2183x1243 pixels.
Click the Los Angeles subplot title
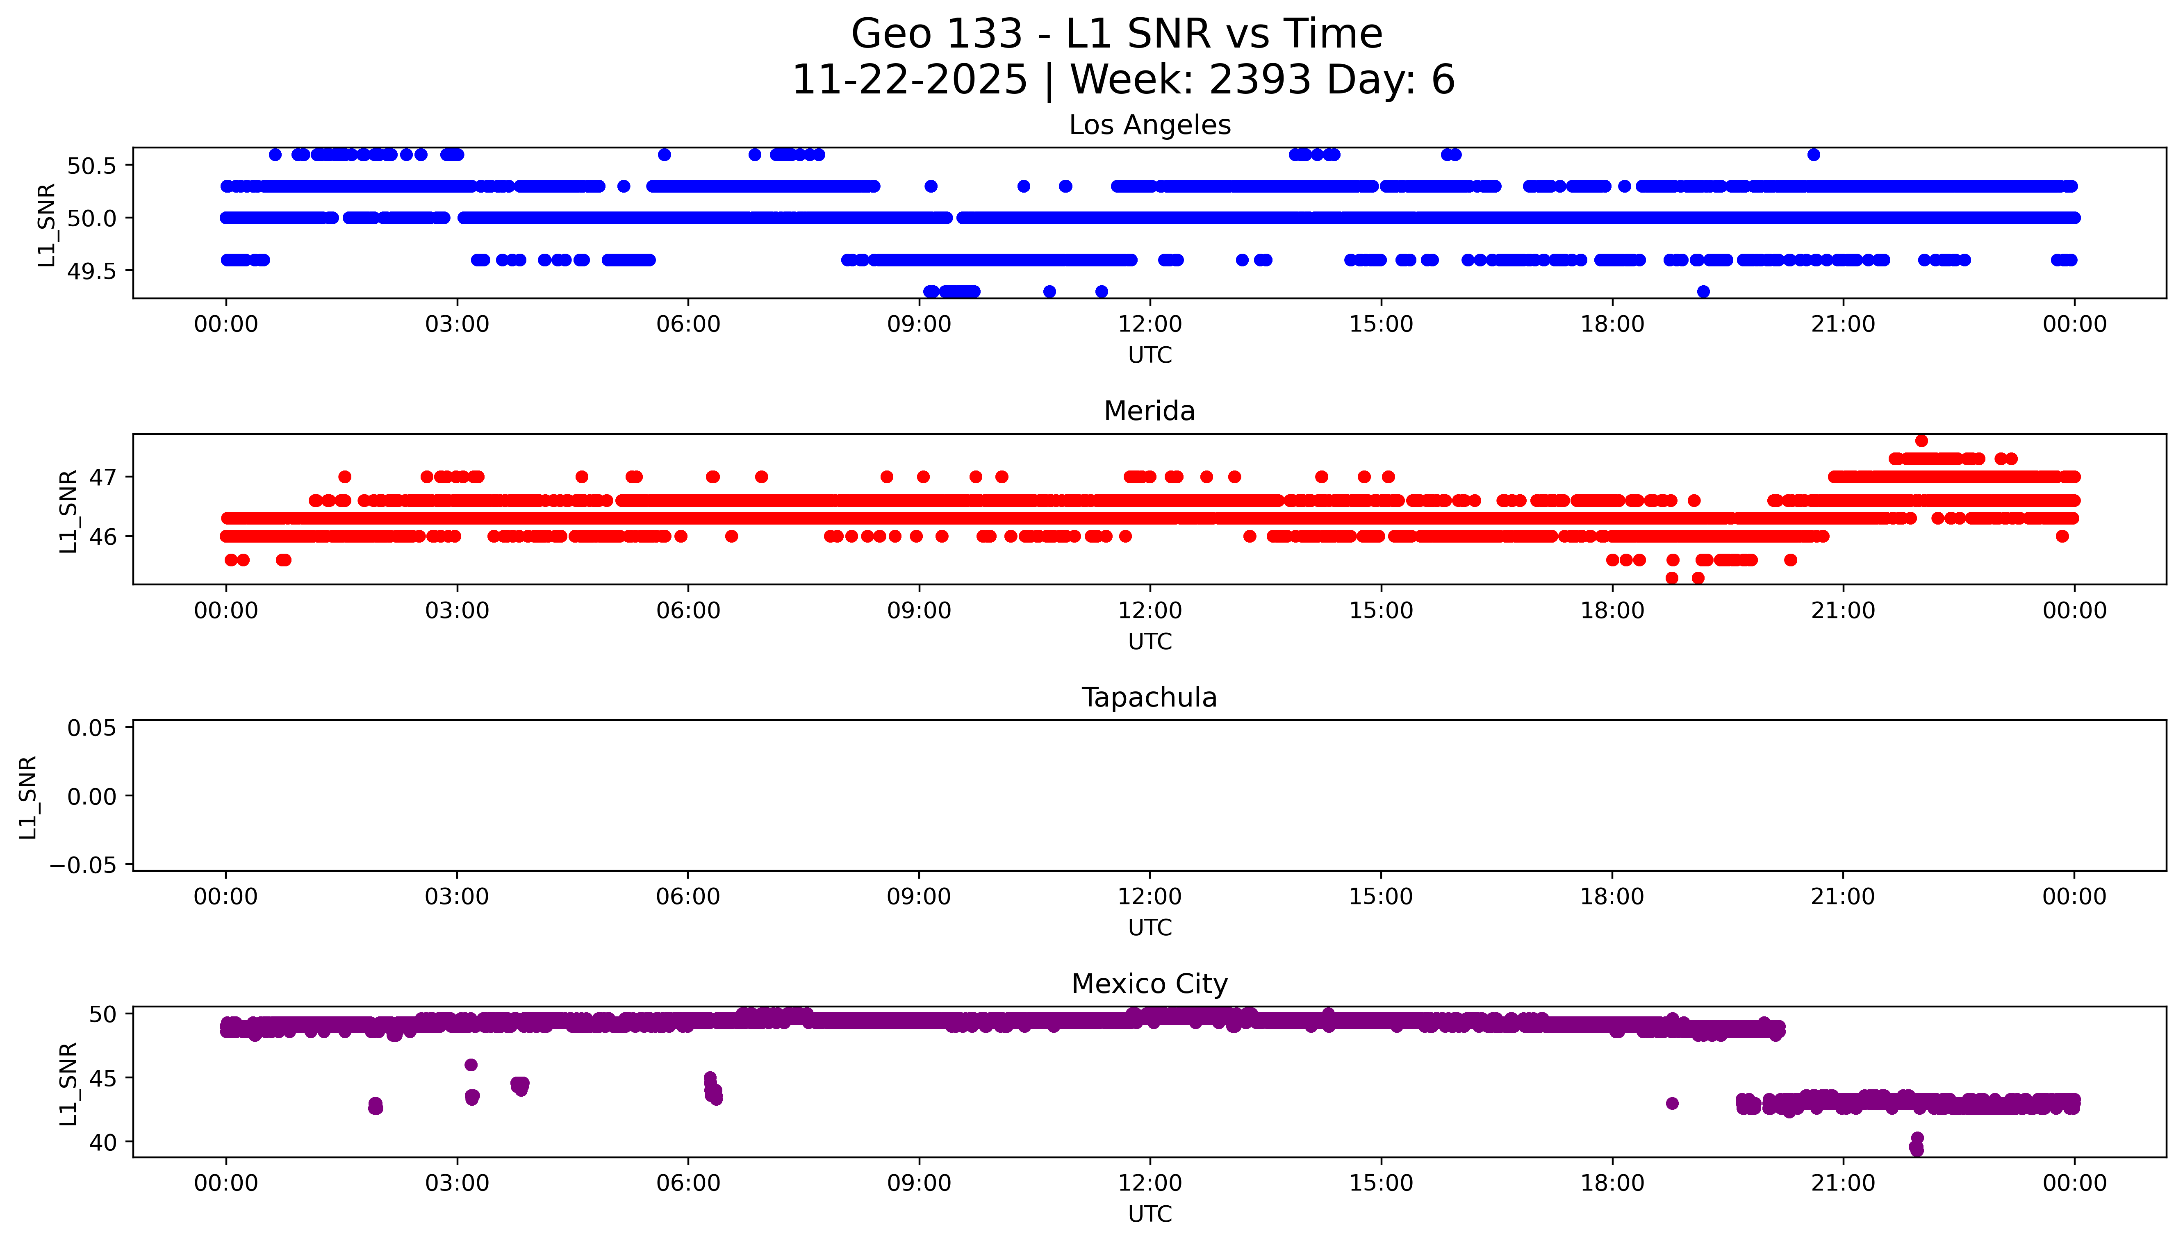click(1149, 125)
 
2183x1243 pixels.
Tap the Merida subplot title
click(1149, 411)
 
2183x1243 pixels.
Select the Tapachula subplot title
click(1149, 698)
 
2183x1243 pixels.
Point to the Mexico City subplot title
click(1149, 984)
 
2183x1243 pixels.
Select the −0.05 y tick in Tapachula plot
click(84, 866)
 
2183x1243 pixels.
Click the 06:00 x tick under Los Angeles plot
click(688, 325)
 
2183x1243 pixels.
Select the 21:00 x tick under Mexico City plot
click(1842, 1183)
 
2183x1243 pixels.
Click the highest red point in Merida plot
click(1921, 441)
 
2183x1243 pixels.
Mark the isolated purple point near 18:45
click(1672, 1103)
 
